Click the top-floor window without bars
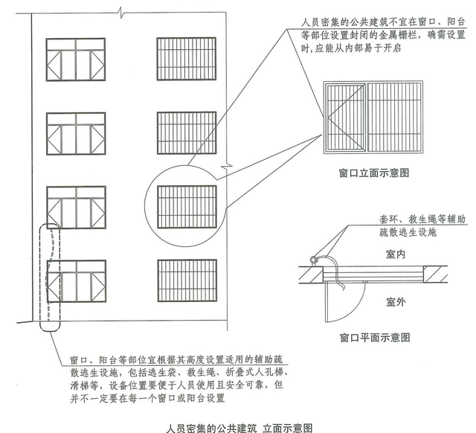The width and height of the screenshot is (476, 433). (76, 58)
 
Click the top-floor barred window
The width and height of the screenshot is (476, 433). (187, 58)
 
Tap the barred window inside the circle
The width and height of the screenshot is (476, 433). (187, 206)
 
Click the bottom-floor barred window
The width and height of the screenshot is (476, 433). (187, 280)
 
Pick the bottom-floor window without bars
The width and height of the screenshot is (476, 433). (76, 280)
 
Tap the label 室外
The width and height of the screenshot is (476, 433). (396, 301)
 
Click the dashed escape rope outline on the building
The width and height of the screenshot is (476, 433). (48, 275)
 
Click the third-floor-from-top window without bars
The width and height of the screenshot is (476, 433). (76, 206)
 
